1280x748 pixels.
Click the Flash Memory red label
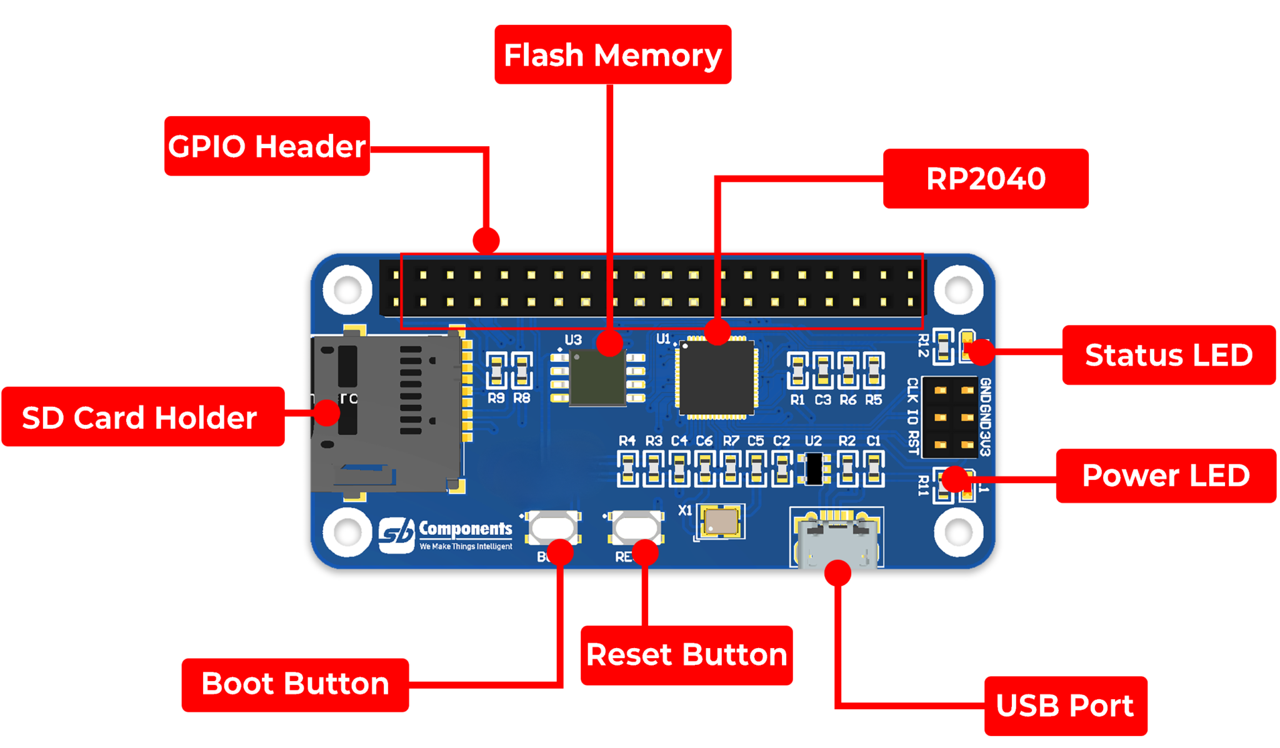(612, 54)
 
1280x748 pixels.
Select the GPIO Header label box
(267, 146)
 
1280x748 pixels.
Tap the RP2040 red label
(985, 179)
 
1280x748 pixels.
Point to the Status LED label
(1168, 355)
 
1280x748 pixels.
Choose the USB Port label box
(1065, 706)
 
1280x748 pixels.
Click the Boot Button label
(295, 684)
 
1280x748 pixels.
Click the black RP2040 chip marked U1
(716, 379)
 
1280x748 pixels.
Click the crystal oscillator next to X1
(721, 521)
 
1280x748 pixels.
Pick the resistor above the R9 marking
(496, 371)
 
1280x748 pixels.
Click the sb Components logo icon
(396, 534)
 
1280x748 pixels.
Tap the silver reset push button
(636, 527)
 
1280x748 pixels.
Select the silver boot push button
(552, 527)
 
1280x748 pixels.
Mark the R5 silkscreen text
(873, 400)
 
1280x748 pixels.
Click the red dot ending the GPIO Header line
(486, 240)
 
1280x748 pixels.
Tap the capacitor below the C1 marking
(874, 469)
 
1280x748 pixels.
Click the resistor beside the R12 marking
(942, 346)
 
